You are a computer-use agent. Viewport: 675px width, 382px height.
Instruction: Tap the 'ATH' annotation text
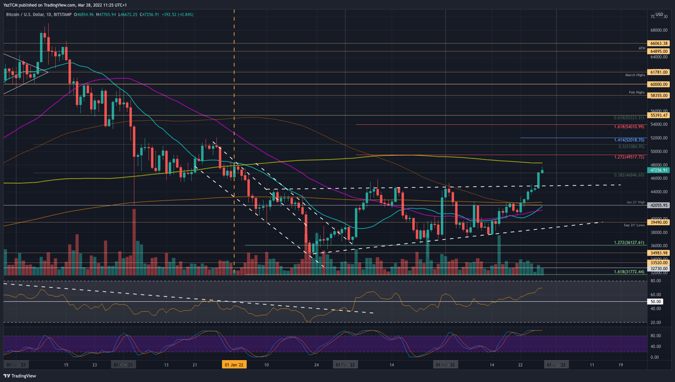coord(642,48)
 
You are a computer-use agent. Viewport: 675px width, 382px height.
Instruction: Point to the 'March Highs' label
coord(635,75)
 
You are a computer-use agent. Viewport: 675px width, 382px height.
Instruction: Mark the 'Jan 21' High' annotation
coord(636,202)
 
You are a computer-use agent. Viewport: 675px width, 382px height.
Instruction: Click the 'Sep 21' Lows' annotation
coord(634,225)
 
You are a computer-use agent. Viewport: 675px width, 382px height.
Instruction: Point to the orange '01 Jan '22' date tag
coord(234,365)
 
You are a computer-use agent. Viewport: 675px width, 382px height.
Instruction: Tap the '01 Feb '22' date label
coord(345,365)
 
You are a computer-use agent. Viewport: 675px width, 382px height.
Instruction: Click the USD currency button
coord(659,15)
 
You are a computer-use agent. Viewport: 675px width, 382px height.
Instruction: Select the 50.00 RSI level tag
coord(656,301)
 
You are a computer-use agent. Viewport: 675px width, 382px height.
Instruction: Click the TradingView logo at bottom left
coord(20,376)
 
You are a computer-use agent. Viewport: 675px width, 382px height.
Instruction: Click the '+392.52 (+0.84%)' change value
coord(177,14)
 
